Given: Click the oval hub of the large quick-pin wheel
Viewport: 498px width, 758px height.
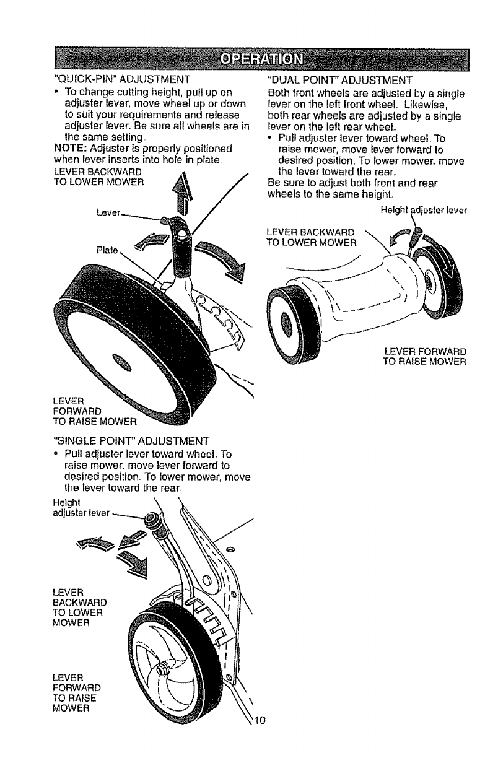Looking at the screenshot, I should click(123, 362).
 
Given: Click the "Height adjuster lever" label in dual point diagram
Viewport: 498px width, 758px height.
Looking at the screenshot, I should click(423, 209).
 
